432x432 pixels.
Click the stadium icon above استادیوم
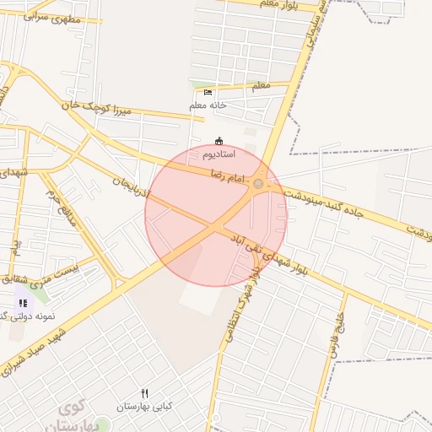click(219, 141)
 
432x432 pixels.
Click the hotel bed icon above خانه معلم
click(208, 92)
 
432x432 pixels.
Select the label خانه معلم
click(208, 105)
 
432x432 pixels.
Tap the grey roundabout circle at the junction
click(258, 183)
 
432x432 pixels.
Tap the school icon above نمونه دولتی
click(23, 302)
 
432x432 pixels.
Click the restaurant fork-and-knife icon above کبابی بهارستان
click(144, 393)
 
